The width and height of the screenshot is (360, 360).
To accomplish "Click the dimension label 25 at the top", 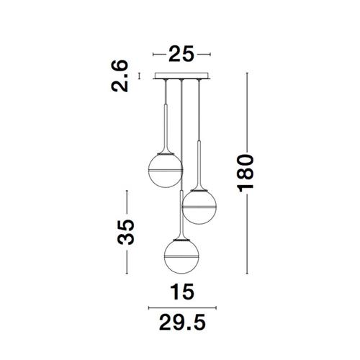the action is (181, 54).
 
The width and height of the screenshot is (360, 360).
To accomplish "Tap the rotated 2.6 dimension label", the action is (120, 76).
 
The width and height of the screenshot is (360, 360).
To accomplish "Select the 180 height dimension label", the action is (246, 174).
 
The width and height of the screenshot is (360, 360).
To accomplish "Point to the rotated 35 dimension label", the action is (126, 232).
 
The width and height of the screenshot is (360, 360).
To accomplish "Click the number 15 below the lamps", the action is (182, 292).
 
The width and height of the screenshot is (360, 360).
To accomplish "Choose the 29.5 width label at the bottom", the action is (182, 323).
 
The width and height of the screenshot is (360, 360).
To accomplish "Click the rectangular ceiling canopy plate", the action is (181, 76).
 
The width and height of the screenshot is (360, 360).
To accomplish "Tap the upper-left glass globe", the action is (166, 171).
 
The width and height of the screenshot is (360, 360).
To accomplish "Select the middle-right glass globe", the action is (199, 207).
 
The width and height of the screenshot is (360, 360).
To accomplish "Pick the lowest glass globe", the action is (181, 256).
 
